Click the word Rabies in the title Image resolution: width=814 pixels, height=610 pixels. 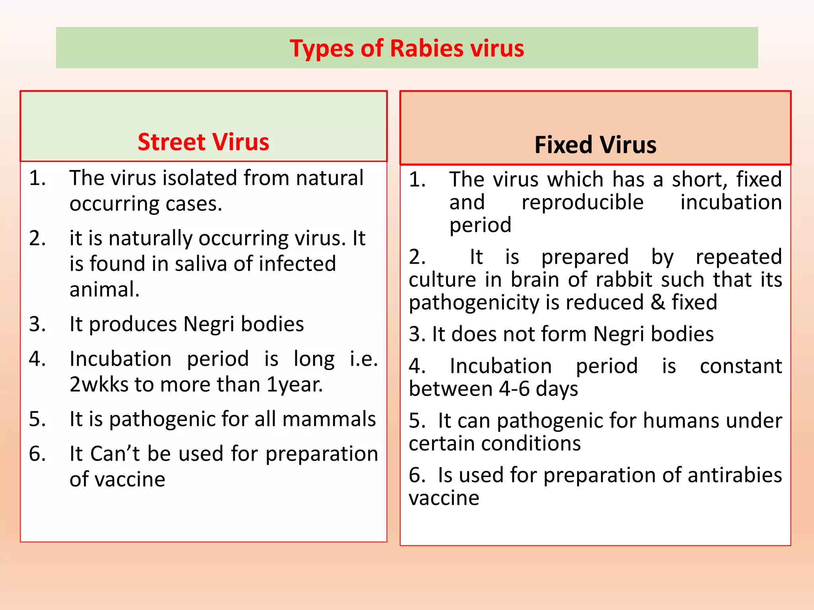tap(426, 48)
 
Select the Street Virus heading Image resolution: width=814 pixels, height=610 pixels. tap(203, 142)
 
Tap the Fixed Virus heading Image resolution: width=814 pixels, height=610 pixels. tap(595, 145)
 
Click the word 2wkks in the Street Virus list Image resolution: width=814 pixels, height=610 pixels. tap(99, 384)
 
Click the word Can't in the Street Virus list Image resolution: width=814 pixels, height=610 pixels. tap(115, 454)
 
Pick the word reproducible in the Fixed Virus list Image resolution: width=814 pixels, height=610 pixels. tap(582, 203)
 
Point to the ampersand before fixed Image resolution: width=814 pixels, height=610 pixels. tap(658, 303)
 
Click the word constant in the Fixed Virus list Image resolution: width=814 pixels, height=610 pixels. tap(740, 366)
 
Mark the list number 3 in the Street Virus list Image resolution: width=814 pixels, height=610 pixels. tap(37, 324)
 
